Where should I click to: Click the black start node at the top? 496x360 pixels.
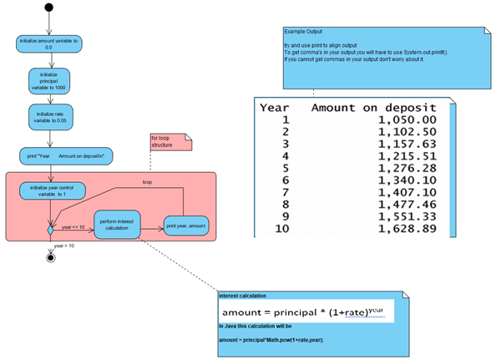tap(51, 9)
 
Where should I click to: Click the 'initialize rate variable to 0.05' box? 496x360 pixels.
tap(51, 117)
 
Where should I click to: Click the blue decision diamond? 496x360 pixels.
tap(51, 227)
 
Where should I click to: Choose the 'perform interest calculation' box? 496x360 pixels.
tap(117, 225)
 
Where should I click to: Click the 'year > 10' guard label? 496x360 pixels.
tap(64, 246)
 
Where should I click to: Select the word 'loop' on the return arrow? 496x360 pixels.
tap(147, 180)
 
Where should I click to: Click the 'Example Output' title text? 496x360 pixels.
tap(302, 31)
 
